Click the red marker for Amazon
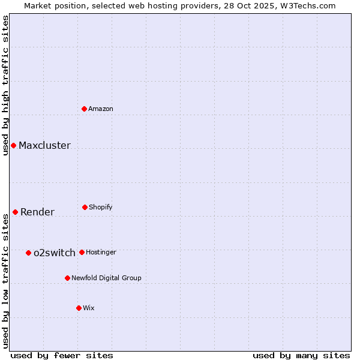click(x=84, y=109)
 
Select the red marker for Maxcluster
click(x=13, y=145)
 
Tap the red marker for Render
click(x=15, y=212)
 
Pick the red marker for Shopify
click(x=85, y=207)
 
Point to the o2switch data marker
click(x=28, y=253)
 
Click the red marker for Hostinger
click(x=82, y=252)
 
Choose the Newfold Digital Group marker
click(x=67, y=278)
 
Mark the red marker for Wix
click(x=79, y=308)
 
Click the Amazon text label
click(x=101, y=109)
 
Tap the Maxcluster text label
click(x=44, y=145)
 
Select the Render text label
click(x=37, y=212)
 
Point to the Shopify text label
click(x=101, y=207)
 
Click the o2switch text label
click(x=55, y=253)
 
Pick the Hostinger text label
click(x=101, y=252)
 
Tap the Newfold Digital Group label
click(x=106, y=278)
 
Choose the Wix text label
click(x=89, y=308)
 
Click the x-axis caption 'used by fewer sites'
click(x=62, y=355)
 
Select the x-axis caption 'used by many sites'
click(x=301, y=355)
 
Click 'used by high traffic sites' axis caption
click(x=5, y=85)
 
